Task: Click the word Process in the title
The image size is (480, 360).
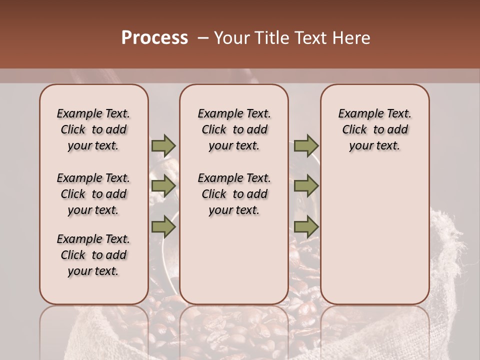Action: pos(154,38)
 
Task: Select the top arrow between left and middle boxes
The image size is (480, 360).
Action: pos(163,145)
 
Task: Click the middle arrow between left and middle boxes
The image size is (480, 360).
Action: pos(163,186)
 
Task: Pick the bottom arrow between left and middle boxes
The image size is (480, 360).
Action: pos(163,226)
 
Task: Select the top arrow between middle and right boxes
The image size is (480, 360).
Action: pos(306,145)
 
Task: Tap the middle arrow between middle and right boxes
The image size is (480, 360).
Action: pos(306,186)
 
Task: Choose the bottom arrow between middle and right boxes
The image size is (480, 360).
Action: pos(306,226)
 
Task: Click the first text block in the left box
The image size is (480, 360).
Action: pos(93,129)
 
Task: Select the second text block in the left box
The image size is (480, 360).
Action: pos(93,194)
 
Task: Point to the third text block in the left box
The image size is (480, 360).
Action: pos(93,255)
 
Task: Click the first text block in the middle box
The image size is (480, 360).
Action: pos(234,129)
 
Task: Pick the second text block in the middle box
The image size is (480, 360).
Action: pos(234,194)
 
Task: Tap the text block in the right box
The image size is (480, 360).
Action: pos(374,129)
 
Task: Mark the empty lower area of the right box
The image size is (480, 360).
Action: pos(374,235)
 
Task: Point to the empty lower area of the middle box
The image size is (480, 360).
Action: pos(234,260)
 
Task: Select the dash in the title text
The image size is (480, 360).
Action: pos(202,38)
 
